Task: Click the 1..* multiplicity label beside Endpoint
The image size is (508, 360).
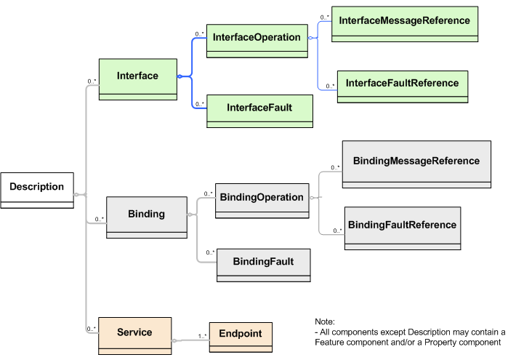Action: click(x=203, y=335)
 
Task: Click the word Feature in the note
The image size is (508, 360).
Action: click(x=330, y=342)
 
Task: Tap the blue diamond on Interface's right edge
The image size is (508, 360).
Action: click(x=180, y=76)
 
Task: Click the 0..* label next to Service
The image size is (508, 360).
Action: click(x=92, y=329)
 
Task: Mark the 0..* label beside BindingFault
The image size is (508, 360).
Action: click(x=211, y=252)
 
